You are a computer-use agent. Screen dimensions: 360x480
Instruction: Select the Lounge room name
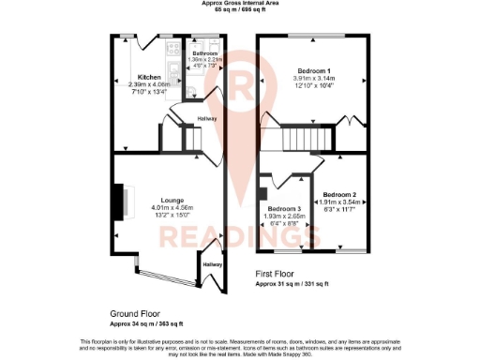pyautogui.click(x=171, y=200)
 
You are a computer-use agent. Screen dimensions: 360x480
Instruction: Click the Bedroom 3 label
pyautogui.click(x=283, y=208)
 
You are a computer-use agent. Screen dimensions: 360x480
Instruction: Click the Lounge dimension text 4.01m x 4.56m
pyautogui.click(x=171, y=207)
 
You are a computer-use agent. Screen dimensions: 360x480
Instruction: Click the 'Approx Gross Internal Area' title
pyautogui.click(x=239, y=4)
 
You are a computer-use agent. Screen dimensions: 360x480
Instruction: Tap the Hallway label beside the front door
pyautogui.click(x=213, y=265)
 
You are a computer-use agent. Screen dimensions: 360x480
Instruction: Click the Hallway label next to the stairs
pyautogui.click(x=207, y=118)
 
